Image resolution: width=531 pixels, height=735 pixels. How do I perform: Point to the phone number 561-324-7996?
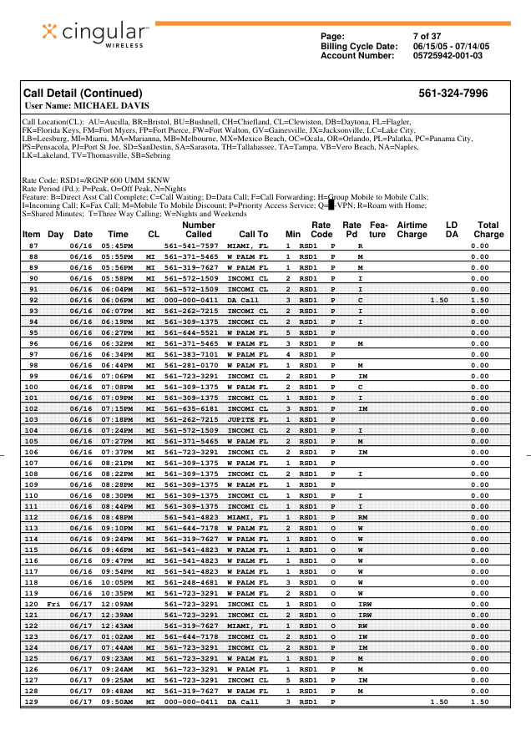click(453, 94)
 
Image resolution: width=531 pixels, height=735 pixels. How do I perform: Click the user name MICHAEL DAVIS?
click(87, 106)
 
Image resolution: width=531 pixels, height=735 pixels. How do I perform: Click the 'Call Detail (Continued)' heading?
click(83, 94)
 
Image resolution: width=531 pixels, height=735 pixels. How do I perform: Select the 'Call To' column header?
click(253, 235)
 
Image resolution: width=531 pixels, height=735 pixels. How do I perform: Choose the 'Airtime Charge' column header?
click(412, 230)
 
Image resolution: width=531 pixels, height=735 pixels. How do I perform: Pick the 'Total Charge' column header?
click(488, 230)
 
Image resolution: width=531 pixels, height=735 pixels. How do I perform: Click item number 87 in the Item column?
click(33, 246)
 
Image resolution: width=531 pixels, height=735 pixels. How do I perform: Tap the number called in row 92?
click(191, 300)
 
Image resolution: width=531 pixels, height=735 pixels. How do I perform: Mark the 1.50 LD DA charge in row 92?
click(439, 300)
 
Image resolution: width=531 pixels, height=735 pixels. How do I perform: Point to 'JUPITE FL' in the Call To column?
click(248, 419)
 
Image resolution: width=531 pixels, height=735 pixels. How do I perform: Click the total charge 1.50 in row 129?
click(479, 702)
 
